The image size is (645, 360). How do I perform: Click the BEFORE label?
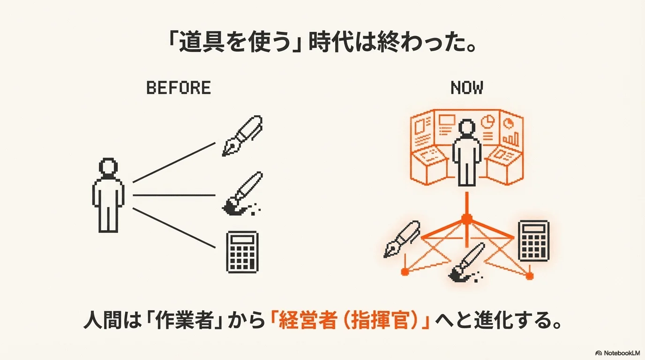pos(179,88)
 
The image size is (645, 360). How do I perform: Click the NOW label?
pos(467,88)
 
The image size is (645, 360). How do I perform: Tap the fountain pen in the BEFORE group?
pos(242,135)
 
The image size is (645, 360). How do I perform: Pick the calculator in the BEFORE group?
pos(242,252)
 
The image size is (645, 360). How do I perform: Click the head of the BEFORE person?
pos(108,167)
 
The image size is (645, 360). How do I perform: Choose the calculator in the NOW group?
pos(533,240)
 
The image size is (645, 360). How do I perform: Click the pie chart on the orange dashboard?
pos(488,121)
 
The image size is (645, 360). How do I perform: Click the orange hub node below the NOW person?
pos(466,218)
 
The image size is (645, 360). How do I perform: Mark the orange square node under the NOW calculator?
pos(529,276)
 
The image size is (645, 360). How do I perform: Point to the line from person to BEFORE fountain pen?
pos(173,162)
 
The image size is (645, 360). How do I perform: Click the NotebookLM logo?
pos(617,352)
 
